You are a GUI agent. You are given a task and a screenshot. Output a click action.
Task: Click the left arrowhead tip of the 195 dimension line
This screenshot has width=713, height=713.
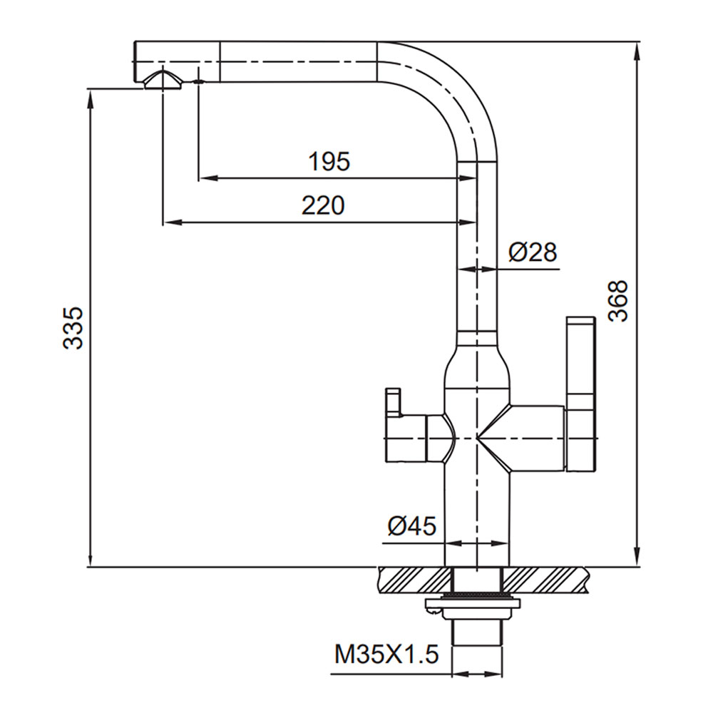point(199,178)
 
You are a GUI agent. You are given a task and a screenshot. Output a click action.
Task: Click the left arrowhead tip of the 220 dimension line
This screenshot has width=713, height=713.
point(163,222)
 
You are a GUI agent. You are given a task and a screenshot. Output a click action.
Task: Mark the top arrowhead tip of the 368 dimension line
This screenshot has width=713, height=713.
point(637,43)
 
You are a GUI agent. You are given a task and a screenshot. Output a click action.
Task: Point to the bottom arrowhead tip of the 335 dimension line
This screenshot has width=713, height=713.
point(91,566)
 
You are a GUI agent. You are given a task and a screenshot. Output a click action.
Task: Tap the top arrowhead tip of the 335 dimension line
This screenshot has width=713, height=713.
point(91,88)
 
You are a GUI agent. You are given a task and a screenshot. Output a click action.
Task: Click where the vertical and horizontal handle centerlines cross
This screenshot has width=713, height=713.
point(476,438)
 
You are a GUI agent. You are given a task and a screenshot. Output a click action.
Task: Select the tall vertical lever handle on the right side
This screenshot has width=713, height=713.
point(580,394)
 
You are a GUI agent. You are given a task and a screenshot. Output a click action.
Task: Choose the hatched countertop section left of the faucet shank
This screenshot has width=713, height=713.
point(414,580)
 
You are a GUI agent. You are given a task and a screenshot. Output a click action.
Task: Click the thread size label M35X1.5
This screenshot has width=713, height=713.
point(386,655)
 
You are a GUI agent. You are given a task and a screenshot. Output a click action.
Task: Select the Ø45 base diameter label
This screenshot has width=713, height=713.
point(411,527)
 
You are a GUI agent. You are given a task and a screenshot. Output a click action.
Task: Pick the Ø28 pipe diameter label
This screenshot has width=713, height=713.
point(533,252)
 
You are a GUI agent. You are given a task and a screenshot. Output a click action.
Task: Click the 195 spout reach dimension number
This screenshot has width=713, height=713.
point(329,161)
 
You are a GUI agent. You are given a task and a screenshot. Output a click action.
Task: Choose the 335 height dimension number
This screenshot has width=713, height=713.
point(73,328)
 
